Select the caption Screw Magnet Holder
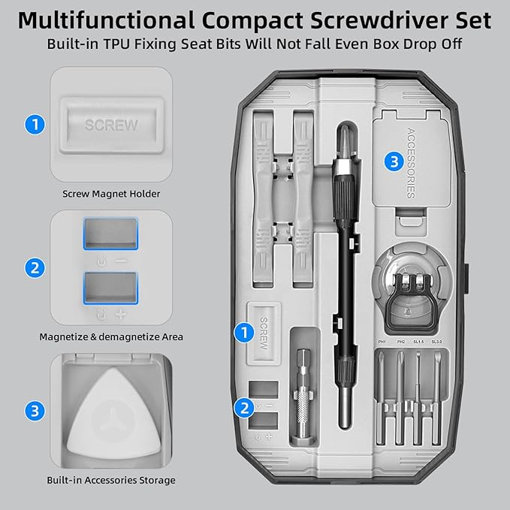coord(111,194)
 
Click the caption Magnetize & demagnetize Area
coord(111,336)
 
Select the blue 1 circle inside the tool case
coord(242,330)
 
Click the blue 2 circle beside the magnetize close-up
coord(34,268)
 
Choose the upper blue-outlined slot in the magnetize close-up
coord(110,234)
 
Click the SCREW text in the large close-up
coord(111,124)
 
